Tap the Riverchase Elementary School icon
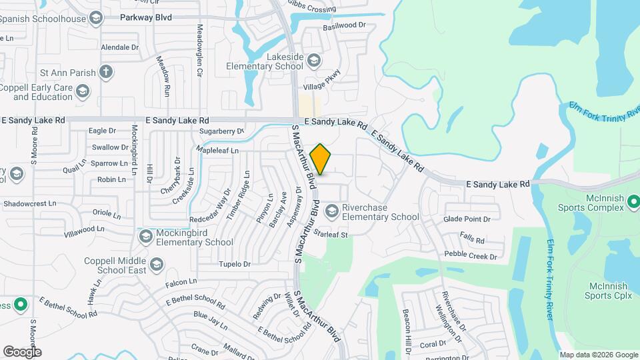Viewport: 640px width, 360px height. (331, 212)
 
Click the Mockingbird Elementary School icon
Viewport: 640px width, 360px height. (146, 237)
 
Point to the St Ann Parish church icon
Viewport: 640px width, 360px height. (105, 71)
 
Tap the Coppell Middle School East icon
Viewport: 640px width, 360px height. (155, 265)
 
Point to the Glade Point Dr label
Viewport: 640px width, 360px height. (467, 219)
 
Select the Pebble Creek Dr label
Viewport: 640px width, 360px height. (471, 256)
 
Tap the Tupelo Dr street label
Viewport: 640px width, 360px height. (234, 264)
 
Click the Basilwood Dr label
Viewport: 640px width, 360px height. (345, 25)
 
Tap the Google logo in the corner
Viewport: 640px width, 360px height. (22, 351)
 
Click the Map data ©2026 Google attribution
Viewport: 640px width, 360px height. (598, 355)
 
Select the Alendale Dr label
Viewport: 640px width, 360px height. (119, 48)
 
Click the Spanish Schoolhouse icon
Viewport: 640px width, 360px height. (97, 19)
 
